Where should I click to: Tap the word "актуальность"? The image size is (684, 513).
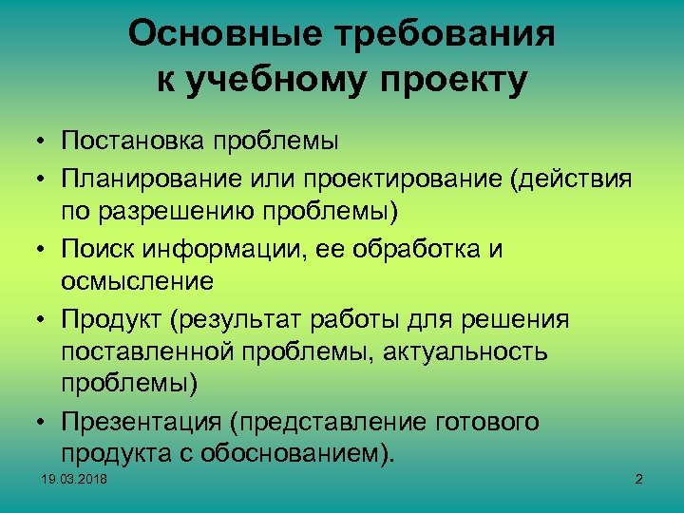pos(467,351)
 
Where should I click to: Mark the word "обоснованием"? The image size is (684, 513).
pos(306,453)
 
